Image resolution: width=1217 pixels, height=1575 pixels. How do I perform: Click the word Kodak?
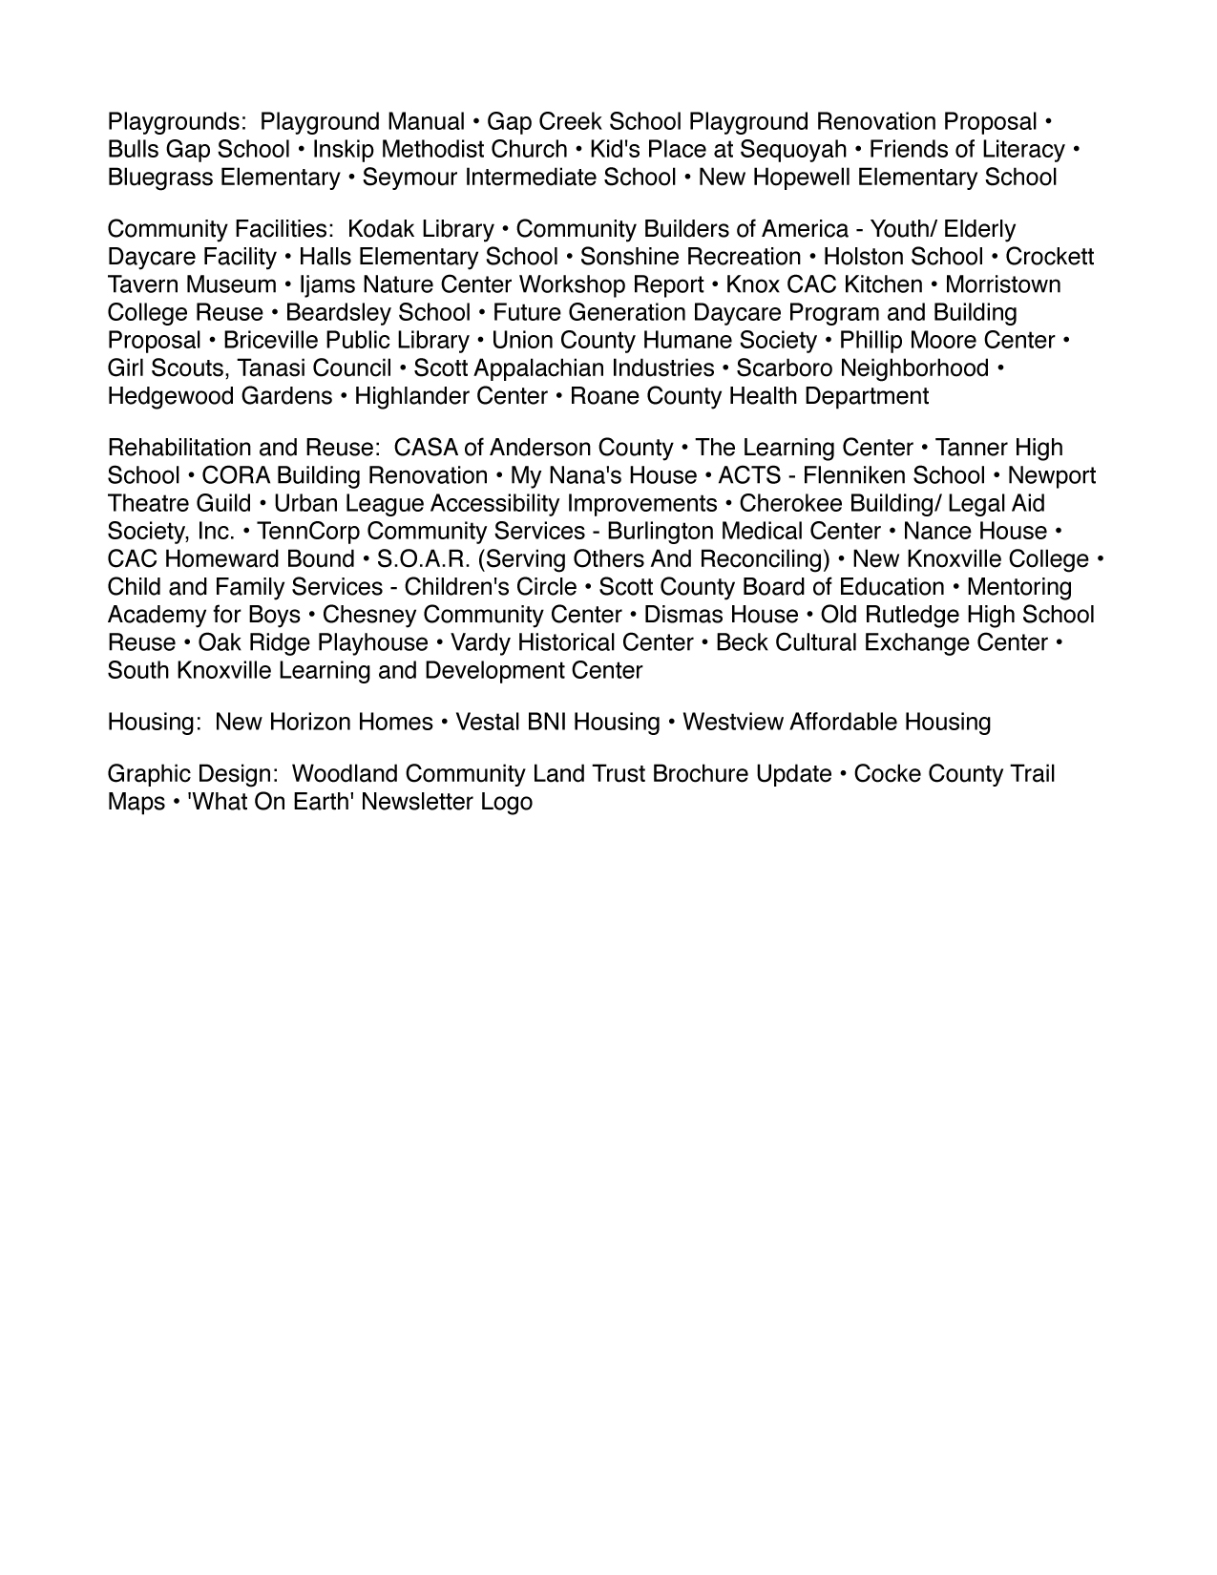tap(380, 229)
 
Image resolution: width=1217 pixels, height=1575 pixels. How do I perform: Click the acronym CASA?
tap(425, 448)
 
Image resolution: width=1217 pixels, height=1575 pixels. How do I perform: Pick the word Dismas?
tap(682, 615)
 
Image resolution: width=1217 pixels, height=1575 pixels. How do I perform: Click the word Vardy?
tap(479, 642)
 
